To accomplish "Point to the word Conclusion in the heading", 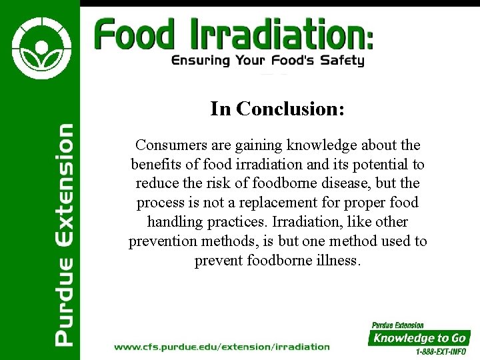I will coord(290,109).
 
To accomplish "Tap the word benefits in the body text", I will coord(155,164).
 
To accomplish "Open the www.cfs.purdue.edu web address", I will coord(221,347).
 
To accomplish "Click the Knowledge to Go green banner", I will coord(419,337).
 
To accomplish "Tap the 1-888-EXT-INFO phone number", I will coord(441,351).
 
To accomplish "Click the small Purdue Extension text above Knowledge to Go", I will coord(397,325).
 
